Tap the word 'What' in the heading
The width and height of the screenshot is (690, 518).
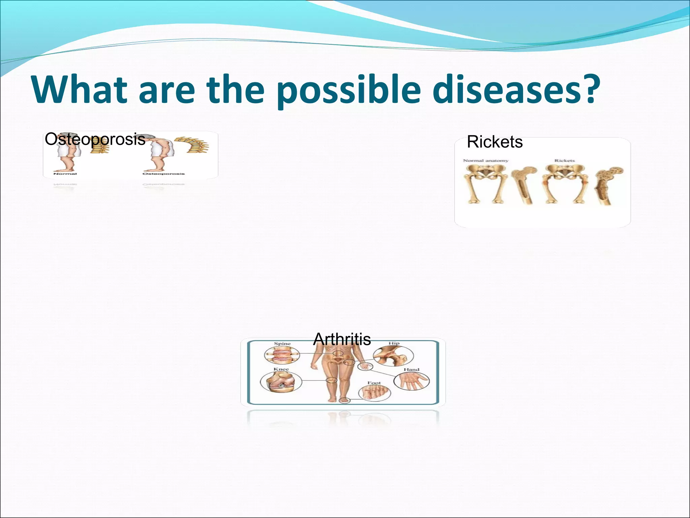(x=80, y=90)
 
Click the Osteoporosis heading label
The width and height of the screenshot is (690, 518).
(x=95, y=139)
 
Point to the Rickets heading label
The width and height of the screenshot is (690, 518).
(x=495, y=142)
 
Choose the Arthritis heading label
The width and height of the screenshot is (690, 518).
(x=342, y=339)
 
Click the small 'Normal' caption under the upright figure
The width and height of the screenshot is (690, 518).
(x=65, y=174)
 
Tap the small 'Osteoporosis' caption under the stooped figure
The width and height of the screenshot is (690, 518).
(x=163, y=174)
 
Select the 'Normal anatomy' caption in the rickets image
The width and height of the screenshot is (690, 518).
(x=485, y=161)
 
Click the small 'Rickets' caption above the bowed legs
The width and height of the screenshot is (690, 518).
(x=564, y=161)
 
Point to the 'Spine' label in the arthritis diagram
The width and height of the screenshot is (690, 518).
(x=282, y=344)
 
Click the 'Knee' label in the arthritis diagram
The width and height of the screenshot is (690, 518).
(x=281, y=369)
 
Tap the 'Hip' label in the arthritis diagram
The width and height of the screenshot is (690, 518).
(x=394, y=343)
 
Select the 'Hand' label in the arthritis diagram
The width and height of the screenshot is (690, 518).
(x=411, y=370)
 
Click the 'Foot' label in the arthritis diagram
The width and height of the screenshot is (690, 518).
(x=374, y=383)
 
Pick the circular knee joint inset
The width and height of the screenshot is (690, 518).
(x=278, y=382)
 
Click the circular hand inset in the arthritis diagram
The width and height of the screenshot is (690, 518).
(x=412, y=381)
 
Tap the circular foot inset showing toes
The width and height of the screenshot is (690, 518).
(x=374, y=393)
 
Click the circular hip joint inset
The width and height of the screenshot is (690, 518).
(x=393, y=356)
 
